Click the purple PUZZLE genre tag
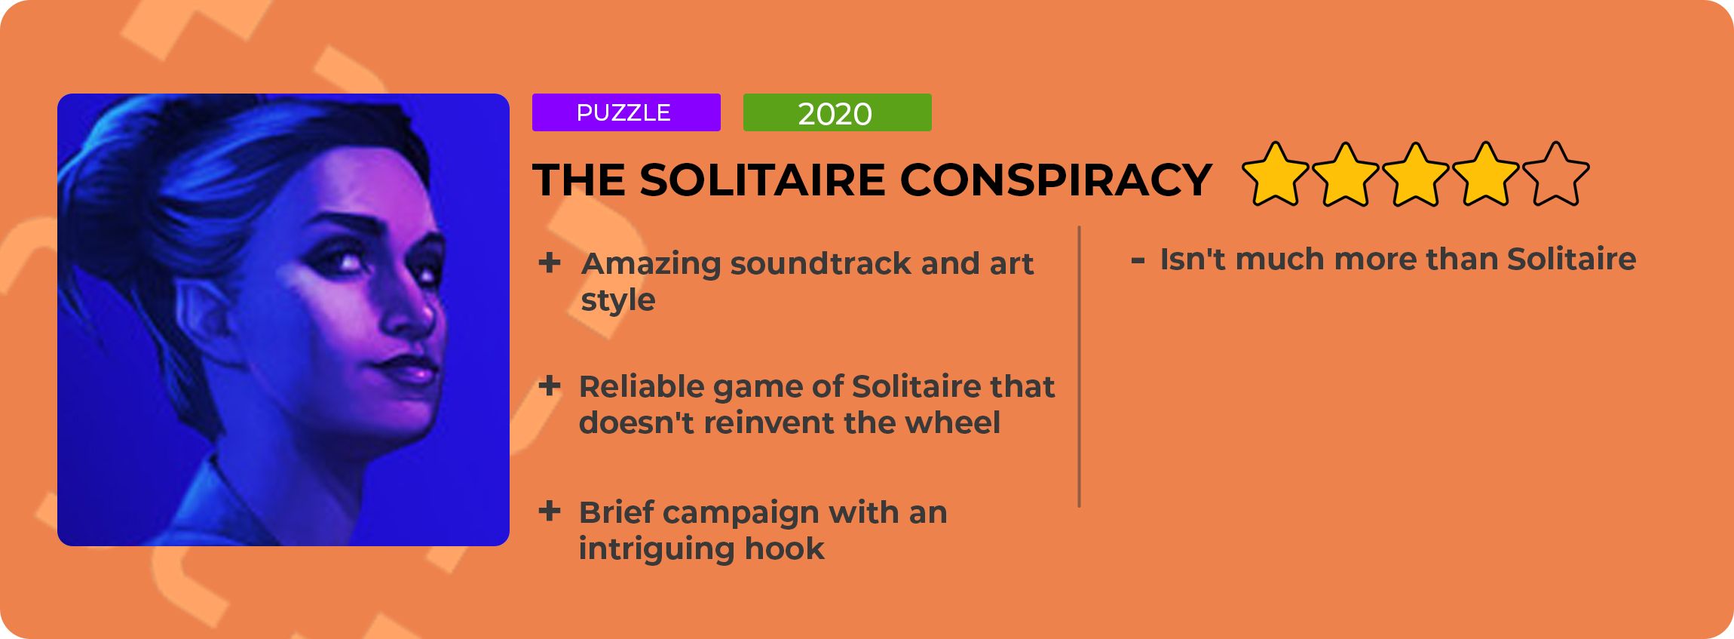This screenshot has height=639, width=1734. click(x=626, y=112)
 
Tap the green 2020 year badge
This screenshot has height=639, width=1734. click(x=837, y=112)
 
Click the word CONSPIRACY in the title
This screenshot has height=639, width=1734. click(x=1055, y=180)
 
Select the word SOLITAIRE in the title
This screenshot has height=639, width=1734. click(x=762, y=180)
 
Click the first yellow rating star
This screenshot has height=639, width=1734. click(x=1276, y=175)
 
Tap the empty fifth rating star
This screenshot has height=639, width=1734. click(x=1556, y=175)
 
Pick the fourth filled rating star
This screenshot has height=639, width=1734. click(x=1486, y=175)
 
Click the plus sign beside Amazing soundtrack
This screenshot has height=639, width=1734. click(x=550, y=263)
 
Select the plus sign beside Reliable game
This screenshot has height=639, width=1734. click(x=550, y=386)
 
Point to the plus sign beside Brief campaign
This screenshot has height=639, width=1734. click(x=550, y=511)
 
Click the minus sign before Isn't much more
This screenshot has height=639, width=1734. click(x=1138, y=261)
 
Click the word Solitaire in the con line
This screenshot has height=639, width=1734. click(x=1572, y=259)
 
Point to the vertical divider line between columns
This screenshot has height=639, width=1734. click(x=1080, y=367)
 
